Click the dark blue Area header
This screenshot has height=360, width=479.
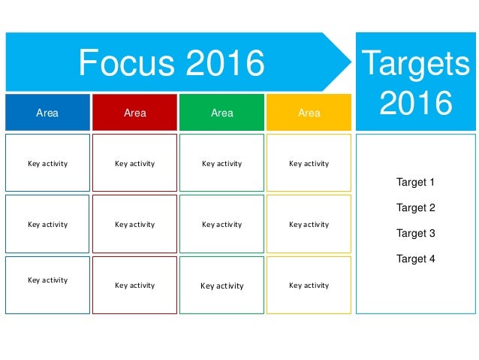47,113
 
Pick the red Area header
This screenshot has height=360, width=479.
134,113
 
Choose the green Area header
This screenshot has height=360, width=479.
221,113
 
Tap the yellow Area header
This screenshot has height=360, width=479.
309,113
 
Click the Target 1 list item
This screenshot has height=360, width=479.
415,182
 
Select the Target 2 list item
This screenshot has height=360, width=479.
415,207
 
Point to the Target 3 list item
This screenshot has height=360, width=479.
415,233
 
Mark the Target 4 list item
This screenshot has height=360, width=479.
415,259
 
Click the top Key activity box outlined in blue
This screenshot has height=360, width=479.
47,163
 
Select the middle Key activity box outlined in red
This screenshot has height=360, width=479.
134,224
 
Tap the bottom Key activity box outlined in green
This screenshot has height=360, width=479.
221,285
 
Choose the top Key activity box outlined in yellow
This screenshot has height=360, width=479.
309,163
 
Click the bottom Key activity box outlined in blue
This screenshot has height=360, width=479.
47,285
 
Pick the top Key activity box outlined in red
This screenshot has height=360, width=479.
134,163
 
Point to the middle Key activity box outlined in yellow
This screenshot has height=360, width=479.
309,224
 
